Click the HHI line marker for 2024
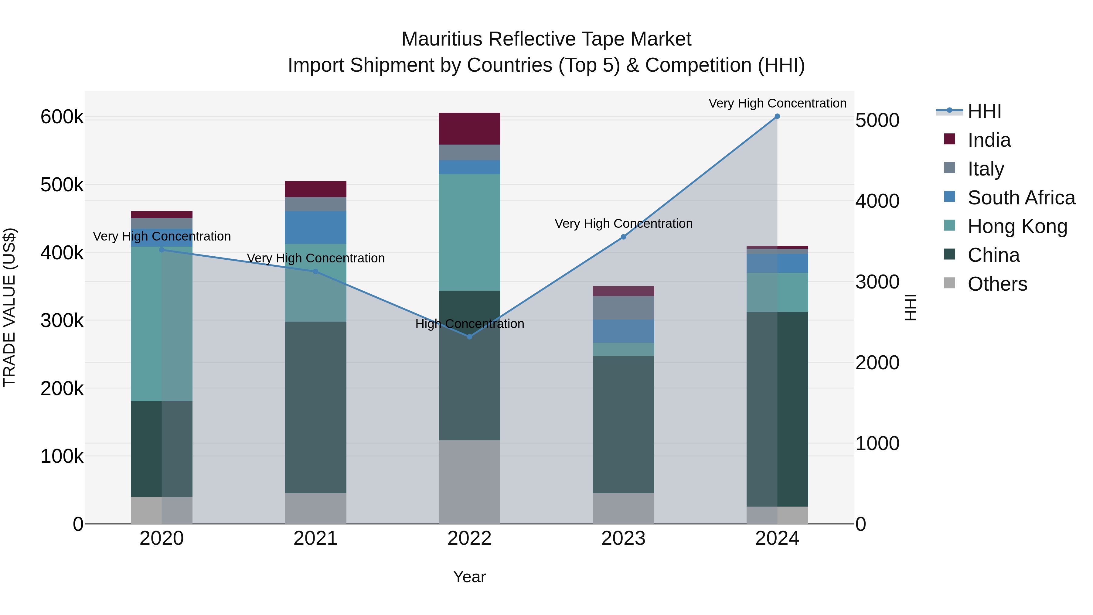(777, 116)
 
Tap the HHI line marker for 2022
(469, 337)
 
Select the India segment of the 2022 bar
(469, 128)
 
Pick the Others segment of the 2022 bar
(469, 482)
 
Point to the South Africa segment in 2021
(315, 227)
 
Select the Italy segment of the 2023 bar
(623, 308)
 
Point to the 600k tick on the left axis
(62, 117)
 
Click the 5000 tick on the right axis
(877, 121)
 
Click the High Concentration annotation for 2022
(469, 324)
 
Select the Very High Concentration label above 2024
(777, 103)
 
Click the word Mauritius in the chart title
(441, 39)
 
